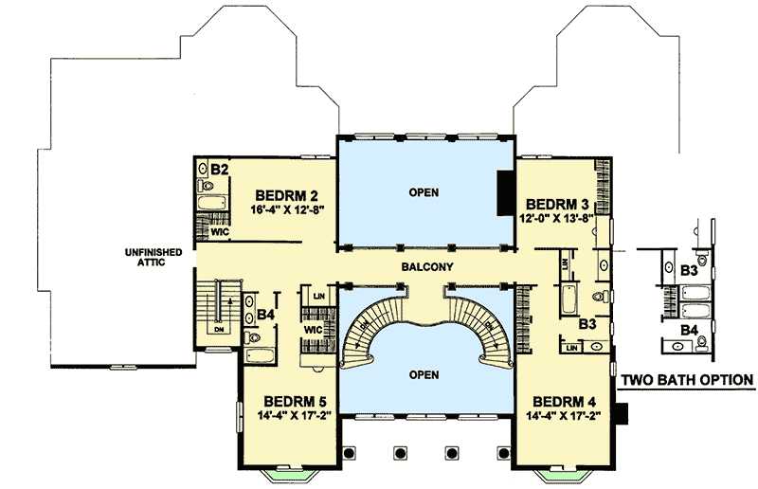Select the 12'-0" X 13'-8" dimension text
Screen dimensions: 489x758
[558, 219]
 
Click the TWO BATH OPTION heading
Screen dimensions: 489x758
[687, 380]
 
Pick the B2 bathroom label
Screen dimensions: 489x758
[220, 169]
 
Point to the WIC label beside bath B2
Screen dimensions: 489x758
[219, 229]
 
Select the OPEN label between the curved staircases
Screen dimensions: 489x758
[424, 374]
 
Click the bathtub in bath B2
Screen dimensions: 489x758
[208, 201]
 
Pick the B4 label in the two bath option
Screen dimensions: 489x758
[691, 329]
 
